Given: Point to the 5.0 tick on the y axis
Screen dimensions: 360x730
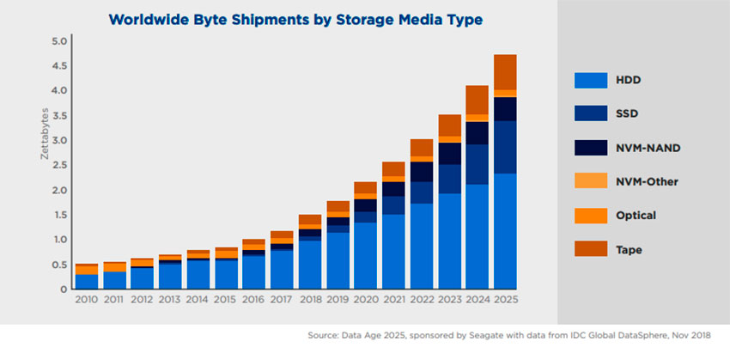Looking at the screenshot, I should [x=59, y=41].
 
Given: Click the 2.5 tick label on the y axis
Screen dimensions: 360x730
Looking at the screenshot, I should [x=59, y=165].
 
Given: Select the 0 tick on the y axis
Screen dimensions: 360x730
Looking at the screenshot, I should [x=63, y=289].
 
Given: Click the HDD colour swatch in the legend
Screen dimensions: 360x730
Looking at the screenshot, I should [x=593, y=81].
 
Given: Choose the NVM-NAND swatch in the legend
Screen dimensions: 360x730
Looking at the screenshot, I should [x=593, y=148].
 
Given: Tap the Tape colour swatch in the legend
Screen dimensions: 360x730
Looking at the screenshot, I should [x=593, y=249].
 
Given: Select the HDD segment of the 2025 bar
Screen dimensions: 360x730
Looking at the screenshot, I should [x=505, y=231].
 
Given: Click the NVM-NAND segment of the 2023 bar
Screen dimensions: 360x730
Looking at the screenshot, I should [x=449, y=153].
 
